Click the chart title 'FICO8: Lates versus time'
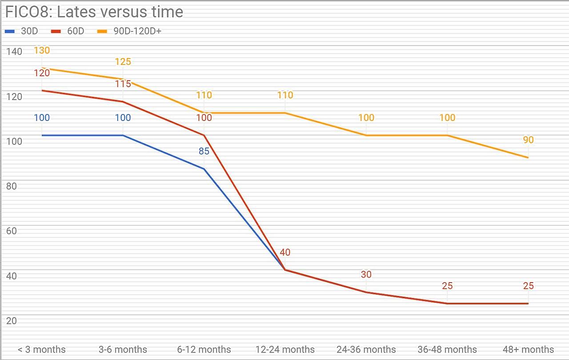[94, 12]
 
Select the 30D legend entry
[21, 31]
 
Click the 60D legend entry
[68, 31]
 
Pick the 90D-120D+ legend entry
[129, 31]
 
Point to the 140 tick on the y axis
[14, 52]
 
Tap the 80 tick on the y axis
[12, 186]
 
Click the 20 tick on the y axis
[12, 320]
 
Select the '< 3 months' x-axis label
[42, 349]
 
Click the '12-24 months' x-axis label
[285, 349]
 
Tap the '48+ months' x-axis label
[529, 349]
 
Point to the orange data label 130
[42, 50]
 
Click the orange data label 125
[123, 61]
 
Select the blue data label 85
[204, 151]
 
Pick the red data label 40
[285, 252]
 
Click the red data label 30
[366, 274]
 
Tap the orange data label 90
[529, 140]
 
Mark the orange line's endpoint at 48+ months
[528, 158]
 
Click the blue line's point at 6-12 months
[204, 169]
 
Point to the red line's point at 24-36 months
[366, 292]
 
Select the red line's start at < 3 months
[42, 90]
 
